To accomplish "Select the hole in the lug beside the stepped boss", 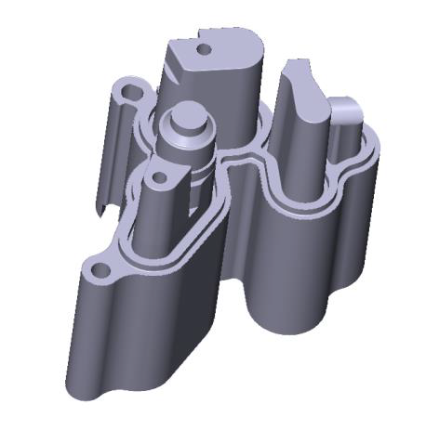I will pyautogui.click(x=158, y=176).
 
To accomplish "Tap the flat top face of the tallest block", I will pyautogui.click(x=228, y=48).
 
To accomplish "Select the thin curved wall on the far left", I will pyautogui.click(x=113, y=149).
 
